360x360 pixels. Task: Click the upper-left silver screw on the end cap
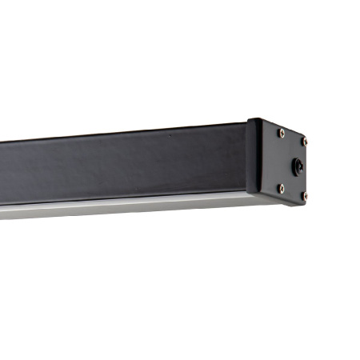pos(281,134)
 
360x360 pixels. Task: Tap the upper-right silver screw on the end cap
pos(303,142)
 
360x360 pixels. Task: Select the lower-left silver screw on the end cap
pos(281,187)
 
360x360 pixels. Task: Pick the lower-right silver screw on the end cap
pos(304,194)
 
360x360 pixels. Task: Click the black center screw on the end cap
pos(298,167)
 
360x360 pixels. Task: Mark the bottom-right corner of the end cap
pos(308,200)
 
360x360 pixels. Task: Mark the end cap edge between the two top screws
pos(292,132)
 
